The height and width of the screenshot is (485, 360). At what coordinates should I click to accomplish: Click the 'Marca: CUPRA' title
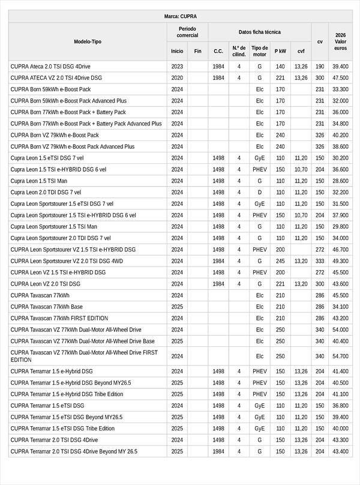180,16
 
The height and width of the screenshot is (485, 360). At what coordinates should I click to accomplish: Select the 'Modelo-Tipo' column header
88,41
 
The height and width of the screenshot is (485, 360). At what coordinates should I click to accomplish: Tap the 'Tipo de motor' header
260,51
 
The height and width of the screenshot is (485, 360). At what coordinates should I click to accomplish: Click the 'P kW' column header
280,51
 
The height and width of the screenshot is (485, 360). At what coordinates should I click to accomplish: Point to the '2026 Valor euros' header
340,41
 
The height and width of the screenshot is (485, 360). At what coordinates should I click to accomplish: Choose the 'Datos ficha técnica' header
259,32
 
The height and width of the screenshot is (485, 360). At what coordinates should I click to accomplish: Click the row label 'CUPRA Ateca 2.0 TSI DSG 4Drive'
50,66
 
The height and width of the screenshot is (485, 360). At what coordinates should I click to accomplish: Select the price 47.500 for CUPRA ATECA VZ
340,77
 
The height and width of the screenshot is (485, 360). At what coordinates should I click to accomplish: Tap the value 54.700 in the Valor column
340,356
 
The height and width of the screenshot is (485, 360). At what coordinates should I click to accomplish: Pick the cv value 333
320,261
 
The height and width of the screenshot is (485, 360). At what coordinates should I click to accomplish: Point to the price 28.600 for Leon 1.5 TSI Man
340,181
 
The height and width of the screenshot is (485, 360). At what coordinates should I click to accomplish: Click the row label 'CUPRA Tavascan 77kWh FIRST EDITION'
59,318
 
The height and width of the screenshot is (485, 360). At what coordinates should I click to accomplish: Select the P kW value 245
280,261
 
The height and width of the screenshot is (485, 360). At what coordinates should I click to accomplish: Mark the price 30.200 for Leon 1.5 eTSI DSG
340,158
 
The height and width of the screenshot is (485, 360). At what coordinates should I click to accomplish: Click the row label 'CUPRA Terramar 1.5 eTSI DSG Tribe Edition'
62,429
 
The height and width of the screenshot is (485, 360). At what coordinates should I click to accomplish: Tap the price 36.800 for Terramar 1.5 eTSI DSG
340,406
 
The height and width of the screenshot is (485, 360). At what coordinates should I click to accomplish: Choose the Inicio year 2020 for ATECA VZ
177,77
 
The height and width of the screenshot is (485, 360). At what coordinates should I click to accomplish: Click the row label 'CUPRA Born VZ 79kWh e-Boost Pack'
55,135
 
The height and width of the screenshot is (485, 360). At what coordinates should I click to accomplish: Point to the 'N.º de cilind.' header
239,51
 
